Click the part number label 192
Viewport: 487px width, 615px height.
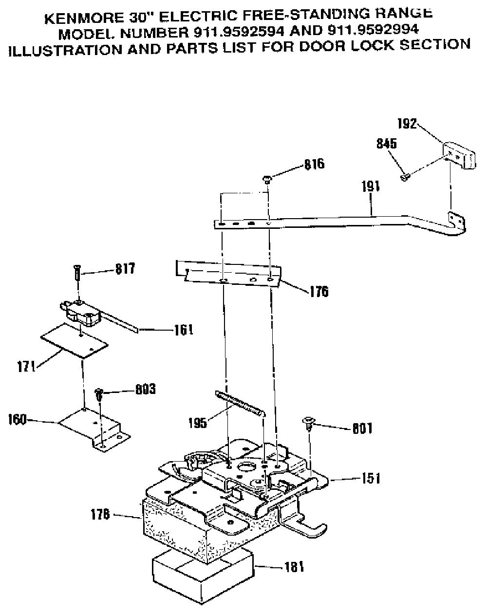point(407,124)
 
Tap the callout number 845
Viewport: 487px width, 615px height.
point(387,144)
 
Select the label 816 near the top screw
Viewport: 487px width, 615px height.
point(315,164)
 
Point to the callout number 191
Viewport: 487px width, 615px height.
point(371,186)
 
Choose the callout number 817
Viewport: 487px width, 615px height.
point(125,269)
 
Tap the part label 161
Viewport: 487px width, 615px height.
point(184,330)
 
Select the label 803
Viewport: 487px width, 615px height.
point(146,389)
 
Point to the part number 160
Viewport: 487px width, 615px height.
point(17,420)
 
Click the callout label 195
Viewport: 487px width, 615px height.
point(198,423)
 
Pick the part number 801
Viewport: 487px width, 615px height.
point(362,429)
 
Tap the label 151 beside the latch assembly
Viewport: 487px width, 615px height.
point(371,478)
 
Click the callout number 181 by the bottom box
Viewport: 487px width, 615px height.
point(294,567)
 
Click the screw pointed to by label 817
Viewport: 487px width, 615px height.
point(77,273)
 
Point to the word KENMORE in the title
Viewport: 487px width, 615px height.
point(82,19)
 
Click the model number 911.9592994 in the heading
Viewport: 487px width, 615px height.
point(373,29)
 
